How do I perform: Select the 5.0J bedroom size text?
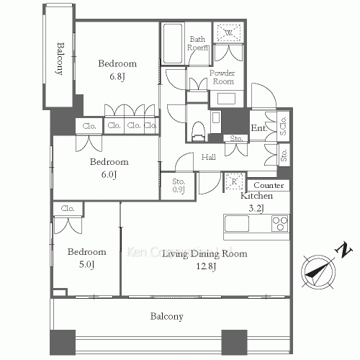(x=87, y=265)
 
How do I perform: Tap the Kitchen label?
(x=256, y=196)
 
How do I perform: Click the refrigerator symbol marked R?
(x=234, y=180)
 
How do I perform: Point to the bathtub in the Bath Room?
(x=173, y=45)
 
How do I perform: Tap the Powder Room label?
(x=222, y=77)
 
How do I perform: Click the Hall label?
(x=209, y=157)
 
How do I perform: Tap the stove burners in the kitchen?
(x=279, y=224)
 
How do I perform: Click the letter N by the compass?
(x=345, y=251)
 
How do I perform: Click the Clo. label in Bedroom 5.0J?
(x=68, y=209)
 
